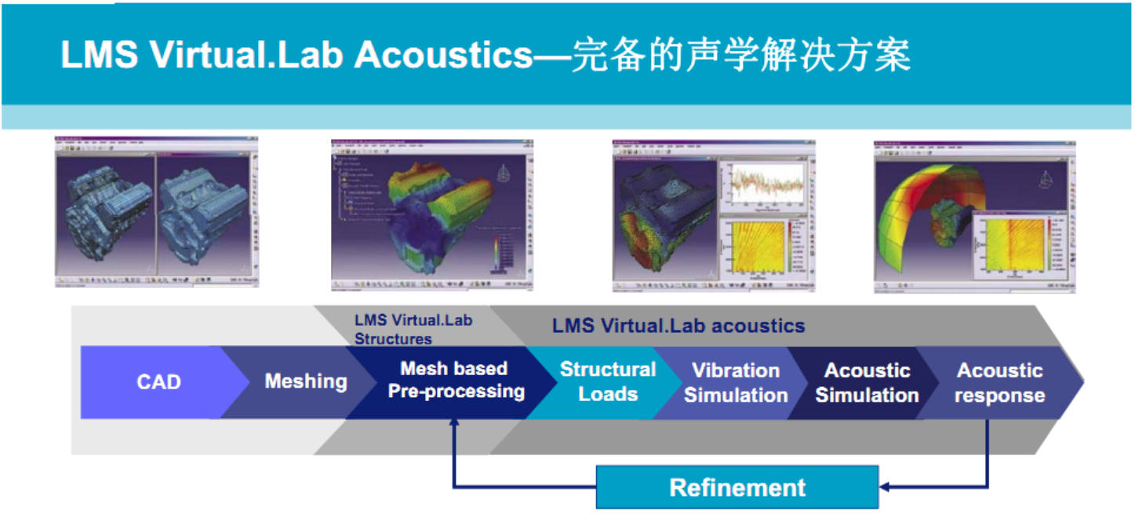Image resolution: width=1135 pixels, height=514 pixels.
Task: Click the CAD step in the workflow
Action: click(x=158, y=382)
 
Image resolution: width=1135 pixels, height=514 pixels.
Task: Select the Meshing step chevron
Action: click(x=305, y=382)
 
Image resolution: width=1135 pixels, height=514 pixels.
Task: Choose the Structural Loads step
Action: click(x=607, y=382)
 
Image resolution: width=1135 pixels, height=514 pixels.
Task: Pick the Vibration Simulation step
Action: click(x=735, y=383)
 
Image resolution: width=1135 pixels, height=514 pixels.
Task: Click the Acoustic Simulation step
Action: click(x=867, y=383)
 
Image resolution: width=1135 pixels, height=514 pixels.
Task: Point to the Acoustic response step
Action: click(x=999, y=383)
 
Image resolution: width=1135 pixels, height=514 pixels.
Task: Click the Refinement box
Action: click(x=737, y=487)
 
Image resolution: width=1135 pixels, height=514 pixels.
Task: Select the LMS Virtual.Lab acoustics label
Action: click(x=678, y=326)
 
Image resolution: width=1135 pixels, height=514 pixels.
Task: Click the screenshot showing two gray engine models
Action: click(x=156, y=211)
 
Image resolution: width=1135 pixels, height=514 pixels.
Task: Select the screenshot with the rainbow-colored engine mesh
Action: click(x=432, y=213)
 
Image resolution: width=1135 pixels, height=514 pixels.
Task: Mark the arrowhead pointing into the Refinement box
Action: click(x=884, y=487)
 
